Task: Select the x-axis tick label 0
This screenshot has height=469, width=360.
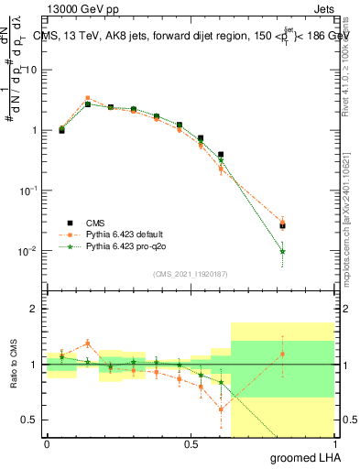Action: pos(47,443)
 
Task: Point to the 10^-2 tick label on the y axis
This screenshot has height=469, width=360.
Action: pos(28,250)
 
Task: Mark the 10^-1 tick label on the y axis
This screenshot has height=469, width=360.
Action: pos(28,190)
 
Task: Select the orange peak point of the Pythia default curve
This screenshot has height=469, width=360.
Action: pos(87,98)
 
